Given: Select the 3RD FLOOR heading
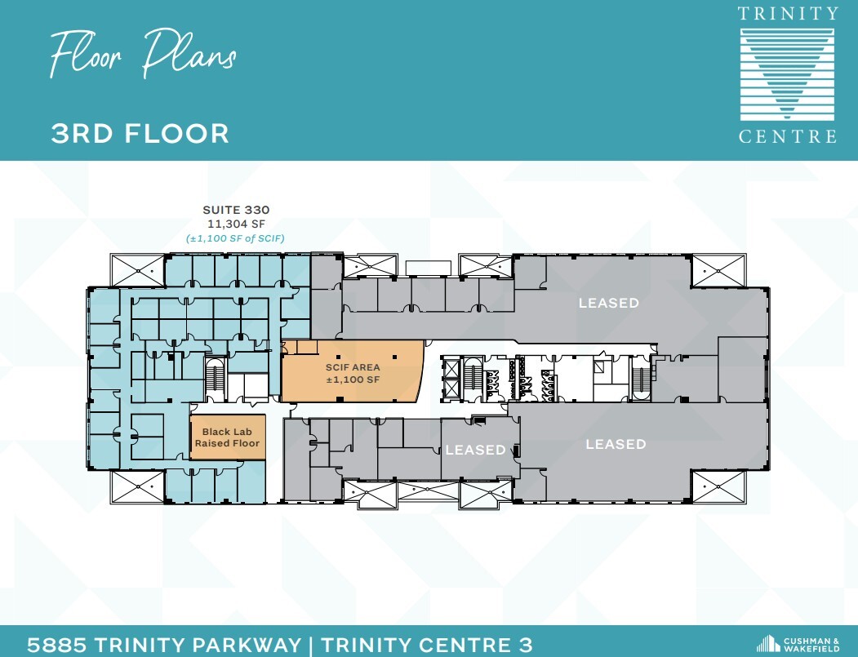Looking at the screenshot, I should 140,133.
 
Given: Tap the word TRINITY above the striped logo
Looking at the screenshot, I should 788,14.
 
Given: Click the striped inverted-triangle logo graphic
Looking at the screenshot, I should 788,73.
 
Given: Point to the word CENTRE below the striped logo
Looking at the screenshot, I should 788,136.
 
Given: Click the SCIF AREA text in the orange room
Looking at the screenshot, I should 353,367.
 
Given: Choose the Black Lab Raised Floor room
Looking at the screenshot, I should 227,437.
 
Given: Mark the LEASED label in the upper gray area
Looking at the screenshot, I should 608,303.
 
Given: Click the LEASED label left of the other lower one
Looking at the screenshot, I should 475,450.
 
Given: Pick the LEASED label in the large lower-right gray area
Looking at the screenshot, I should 616,444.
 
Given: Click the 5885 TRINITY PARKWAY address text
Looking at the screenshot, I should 163,645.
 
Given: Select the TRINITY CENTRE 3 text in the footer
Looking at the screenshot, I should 427,645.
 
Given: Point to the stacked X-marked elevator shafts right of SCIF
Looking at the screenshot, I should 451,378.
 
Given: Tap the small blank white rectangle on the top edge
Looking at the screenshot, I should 428,268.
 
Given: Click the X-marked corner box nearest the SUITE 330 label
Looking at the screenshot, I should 138,269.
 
